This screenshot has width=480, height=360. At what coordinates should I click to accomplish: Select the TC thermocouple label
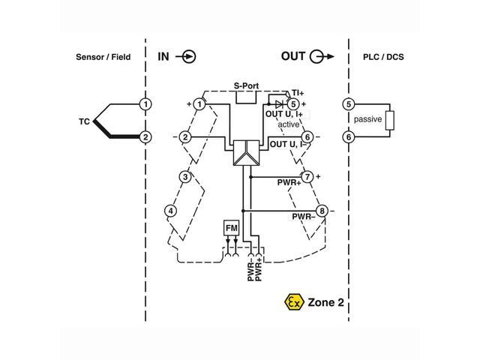pyautogui.click(x=85, y=120)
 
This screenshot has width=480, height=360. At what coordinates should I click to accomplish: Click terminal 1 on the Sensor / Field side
pyautogui.click(x=145, y=103)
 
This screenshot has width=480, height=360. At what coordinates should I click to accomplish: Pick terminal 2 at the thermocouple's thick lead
pyautogui.click(x=145, y=137)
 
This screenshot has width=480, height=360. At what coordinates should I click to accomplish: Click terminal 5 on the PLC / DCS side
pyautogui.click(x=348, y=103)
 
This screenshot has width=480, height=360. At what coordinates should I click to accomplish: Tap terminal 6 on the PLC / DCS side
pyautogui.click(x=348, y=137)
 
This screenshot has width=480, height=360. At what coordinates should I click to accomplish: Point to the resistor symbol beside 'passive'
pyautogui.click(x=388, y=120)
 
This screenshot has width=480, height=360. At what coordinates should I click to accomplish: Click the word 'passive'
pyautogui.click(x=367, y=120)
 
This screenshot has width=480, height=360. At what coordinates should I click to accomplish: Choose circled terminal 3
pyautogui.click(x=184, y=177)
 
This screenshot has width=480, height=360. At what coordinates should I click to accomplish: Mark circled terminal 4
pyautogui.click(x=172, y=211)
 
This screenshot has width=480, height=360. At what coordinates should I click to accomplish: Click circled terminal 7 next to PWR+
pyautogui.click(x=307, y=177)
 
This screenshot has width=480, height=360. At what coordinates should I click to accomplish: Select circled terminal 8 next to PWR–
pyautogui.click(x=321, y=211)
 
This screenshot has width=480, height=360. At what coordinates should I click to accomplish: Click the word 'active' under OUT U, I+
pyautogui.click(x=289, y=124)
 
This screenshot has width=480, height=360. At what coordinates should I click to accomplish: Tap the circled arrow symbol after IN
pyautogui.click(x=188, y=56)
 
